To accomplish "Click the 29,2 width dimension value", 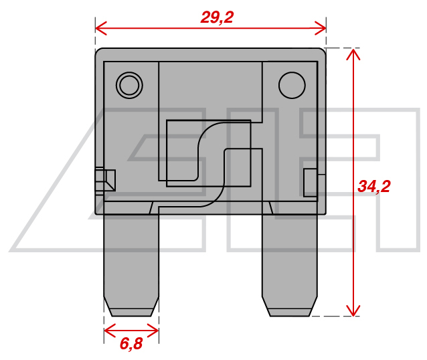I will point(217,17).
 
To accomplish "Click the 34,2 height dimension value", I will point(373,187).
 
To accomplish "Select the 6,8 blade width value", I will point(131,345).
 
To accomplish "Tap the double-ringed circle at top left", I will point(129,85).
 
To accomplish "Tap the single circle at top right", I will point(291,85).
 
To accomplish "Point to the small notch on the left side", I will point(105,181).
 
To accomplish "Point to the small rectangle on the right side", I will point(311,183).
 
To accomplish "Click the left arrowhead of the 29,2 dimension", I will point(100,27).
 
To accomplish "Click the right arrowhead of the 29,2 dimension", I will point(321,27).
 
